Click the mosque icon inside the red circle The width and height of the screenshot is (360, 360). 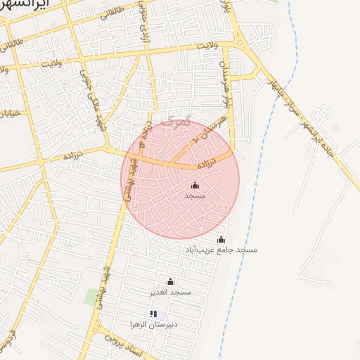195,186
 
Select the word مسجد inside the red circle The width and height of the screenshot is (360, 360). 195,195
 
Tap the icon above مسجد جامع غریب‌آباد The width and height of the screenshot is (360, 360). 221,240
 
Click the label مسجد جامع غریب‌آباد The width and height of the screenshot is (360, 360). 221,250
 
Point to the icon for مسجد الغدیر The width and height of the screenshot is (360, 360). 170,281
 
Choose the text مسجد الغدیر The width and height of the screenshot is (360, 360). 170,291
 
